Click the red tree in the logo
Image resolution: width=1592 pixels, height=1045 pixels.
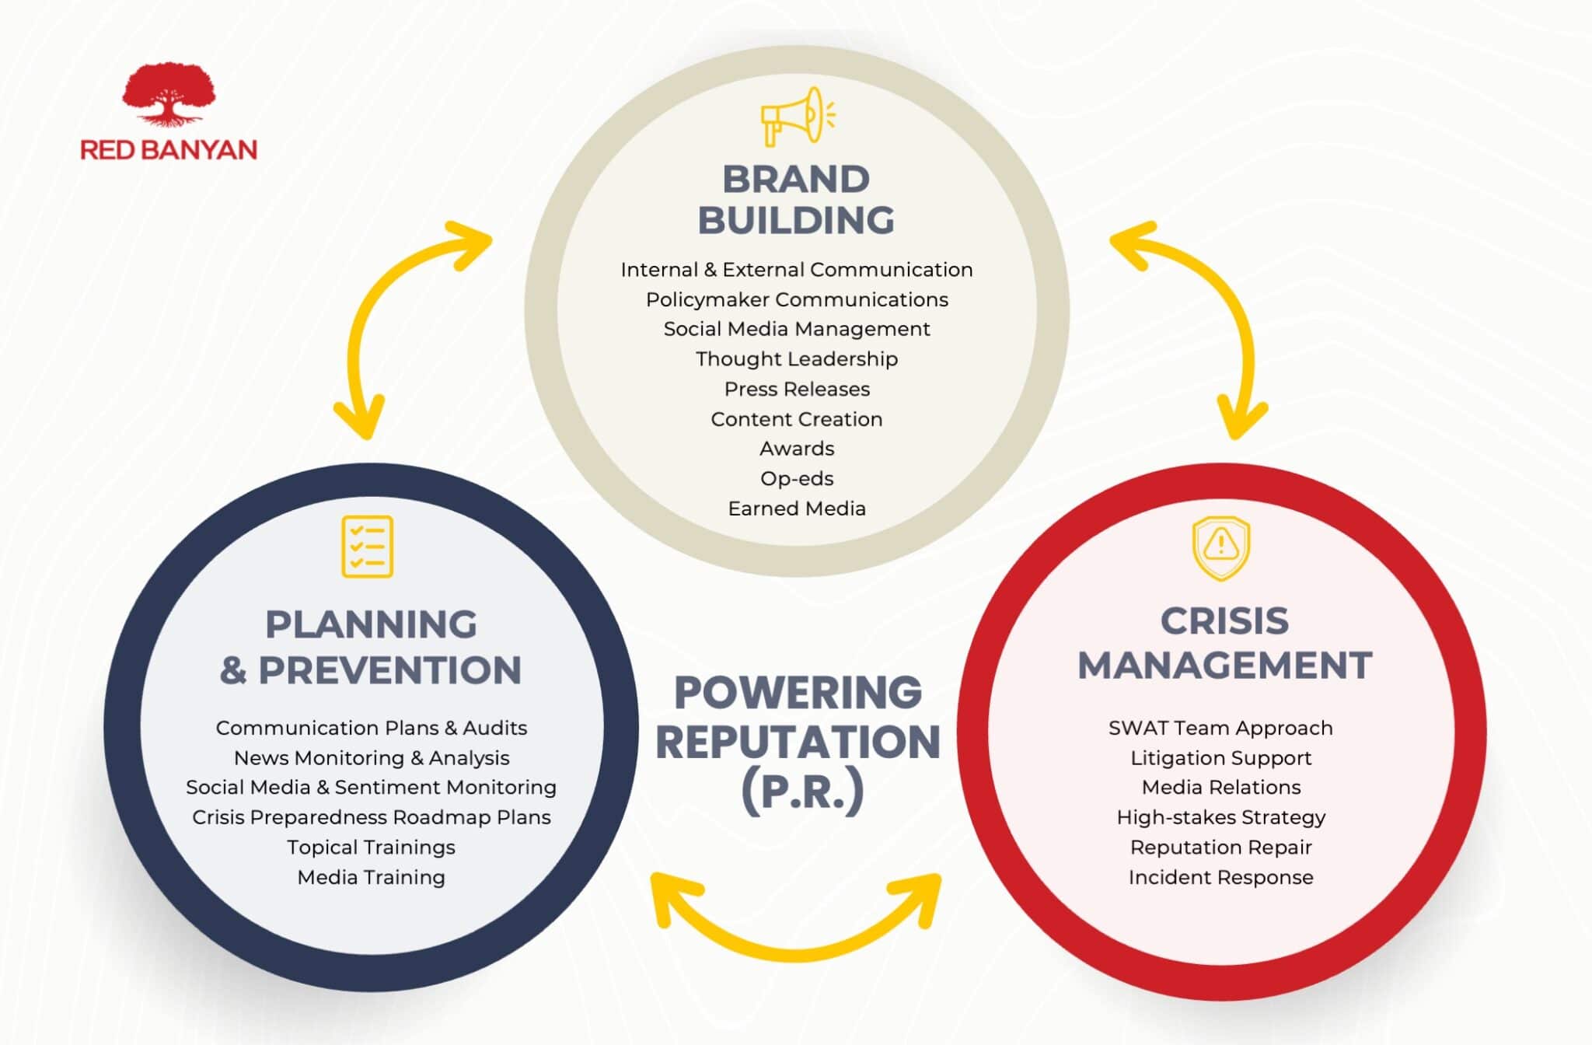(x=168, y=93)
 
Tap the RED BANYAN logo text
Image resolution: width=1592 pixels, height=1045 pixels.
(x=169, y=149)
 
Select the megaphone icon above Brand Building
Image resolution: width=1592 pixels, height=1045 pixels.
(x=797, y=117)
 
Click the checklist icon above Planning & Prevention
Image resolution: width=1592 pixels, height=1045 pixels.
(x=368, y=547)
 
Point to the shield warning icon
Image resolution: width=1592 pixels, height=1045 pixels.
(x=1221, y=547)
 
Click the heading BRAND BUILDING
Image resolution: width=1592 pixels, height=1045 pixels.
(x=796, y=200)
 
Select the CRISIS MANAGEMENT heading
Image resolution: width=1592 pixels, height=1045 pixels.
(x=1224, y=643)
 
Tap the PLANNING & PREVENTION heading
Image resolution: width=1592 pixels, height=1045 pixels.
(x=371, y=647)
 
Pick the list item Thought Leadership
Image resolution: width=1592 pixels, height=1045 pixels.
(x=797, y=358)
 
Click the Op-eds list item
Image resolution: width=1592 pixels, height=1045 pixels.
(x=797, y=478)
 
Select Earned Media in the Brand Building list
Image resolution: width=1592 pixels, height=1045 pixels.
(x=797, y=509)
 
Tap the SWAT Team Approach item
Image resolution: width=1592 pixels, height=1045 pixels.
(x=1220, y=728)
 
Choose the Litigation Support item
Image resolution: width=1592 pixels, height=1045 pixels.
(x=1220, y=757)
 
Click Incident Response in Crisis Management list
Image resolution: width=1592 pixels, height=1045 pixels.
(x=1220, y=877)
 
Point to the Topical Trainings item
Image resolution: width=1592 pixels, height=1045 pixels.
(x=371, y=847)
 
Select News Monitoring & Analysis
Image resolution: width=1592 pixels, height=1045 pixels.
(x=372, y=757)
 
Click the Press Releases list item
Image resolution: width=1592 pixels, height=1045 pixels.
(x=797, y=389)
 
